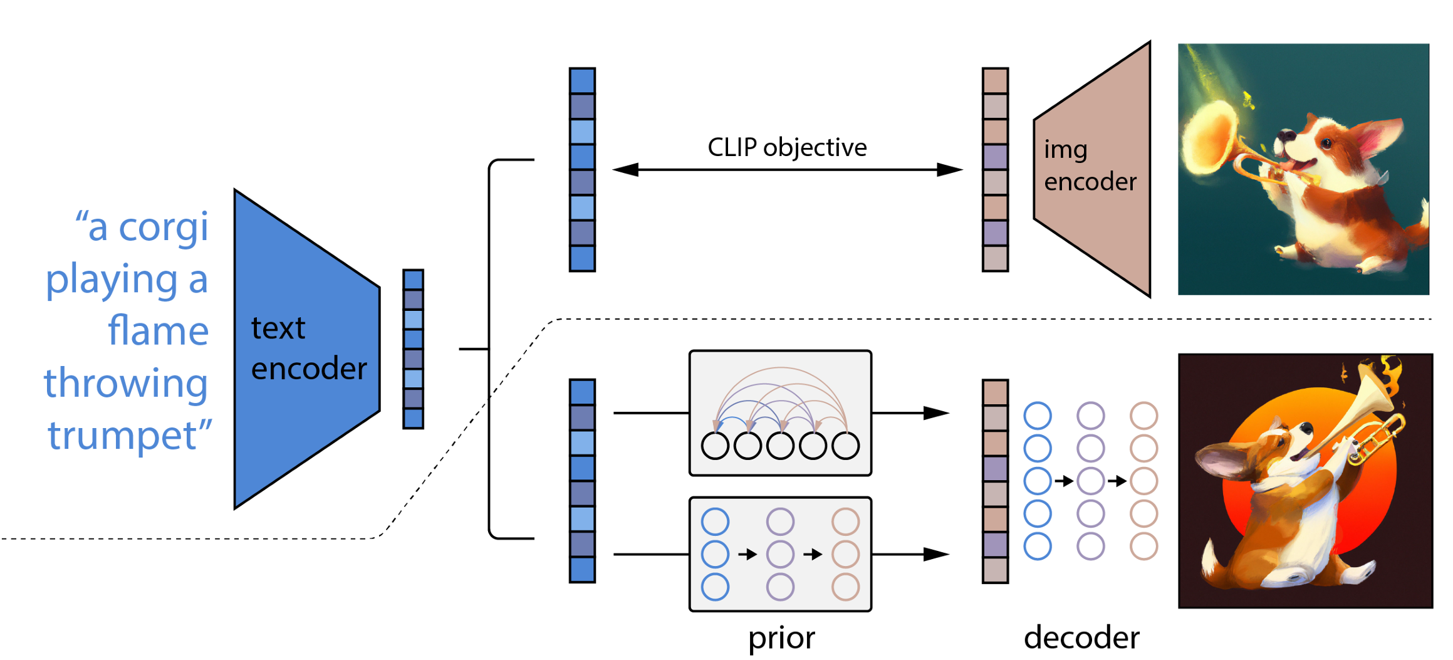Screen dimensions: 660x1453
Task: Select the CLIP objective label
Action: [x=787, y=147]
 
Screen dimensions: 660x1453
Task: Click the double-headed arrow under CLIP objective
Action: [x=787, y=169]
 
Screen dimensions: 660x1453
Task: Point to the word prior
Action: [x=781, y=638]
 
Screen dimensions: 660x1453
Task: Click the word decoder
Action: [x=1081, y=638]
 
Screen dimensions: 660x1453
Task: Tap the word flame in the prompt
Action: [x=158, y=331]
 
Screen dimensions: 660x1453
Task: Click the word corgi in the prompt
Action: [x=163, y=227]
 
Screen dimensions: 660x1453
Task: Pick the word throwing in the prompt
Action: [x=126, y=383]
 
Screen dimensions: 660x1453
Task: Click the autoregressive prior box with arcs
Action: [x=780, y=412]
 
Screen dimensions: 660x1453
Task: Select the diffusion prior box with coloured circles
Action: [x=780, y=554]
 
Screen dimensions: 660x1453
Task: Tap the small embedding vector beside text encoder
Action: [x=413, y=349]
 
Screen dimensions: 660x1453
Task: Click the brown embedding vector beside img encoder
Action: [x=995, y=169]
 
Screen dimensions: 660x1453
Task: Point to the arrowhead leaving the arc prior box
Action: [x=936, y=413]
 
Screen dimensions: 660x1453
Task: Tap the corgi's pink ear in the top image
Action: [x=1382, y=135]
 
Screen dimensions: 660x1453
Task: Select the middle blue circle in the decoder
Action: [x=1038, y=481]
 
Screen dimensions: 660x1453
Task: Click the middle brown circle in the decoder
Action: [x=1143, y=481]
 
